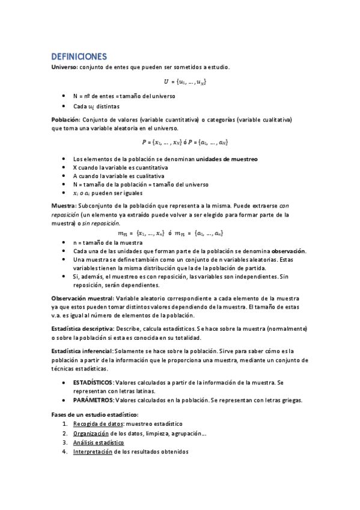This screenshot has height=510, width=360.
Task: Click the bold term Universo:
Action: pyautogui.click(x=64, y=67)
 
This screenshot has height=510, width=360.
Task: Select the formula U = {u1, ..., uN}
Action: pyautogui.click(x=186, y=81)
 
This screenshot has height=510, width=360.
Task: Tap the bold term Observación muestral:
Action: pyautogui.click(x=83, y=298)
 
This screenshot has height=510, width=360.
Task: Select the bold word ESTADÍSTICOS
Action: pyautogui.click(x=93, y=382)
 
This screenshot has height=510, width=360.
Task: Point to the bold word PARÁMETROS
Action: pyautogui.click(x=92, y=400)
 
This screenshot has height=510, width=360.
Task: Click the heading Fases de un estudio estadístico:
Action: pyautogui.click(x=95, y=414)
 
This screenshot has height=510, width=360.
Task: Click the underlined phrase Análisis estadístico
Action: pyautogui.click(x=99, y=442)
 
